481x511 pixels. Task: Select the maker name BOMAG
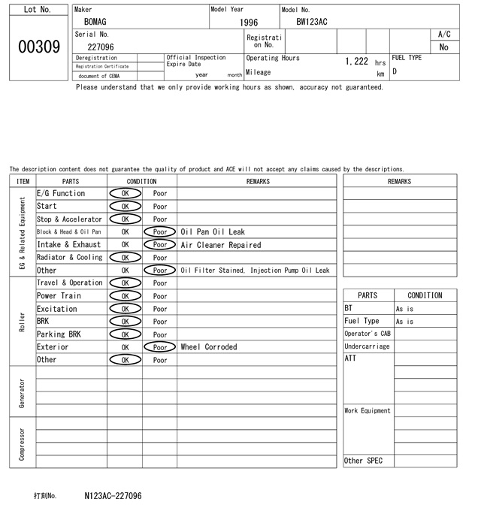95,23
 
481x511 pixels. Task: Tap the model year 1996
249,23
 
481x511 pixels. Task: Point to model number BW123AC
312,23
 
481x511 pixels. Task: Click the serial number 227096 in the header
101,47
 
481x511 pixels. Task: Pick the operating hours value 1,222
356,62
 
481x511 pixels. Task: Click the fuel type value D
395,72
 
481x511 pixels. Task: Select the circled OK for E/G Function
125,194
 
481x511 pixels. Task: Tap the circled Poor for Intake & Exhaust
160,245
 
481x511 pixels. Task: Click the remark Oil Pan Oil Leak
213,232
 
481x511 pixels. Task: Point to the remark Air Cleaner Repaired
221,245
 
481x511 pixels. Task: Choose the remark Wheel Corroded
209,347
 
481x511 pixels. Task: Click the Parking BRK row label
59,334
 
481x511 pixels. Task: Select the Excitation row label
57,309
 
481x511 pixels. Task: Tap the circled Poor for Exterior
160,347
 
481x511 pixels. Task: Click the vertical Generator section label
23,392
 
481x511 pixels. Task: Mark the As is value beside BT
404,309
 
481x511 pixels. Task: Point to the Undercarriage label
367,346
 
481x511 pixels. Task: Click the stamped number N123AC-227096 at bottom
113,496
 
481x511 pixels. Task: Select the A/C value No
443,47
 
